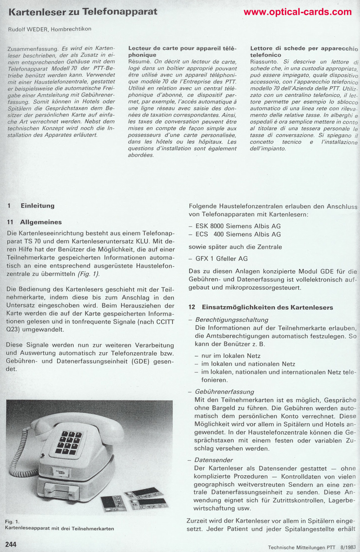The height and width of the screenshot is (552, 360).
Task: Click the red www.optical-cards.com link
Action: pyautogui.click(x=297, y=12)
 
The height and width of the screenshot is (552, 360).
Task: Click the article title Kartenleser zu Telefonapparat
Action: pyautogui.click(x=83, y=12)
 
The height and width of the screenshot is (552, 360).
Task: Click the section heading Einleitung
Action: pyautogui.click(x=37, y=206)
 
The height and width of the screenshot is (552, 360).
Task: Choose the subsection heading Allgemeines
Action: pyautogui.click(x=41, y=222)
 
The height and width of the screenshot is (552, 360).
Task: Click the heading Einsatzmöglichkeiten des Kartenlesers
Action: pyautogui.click(x=267, y=307)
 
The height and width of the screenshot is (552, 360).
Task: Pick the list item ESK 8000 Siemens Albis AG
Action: pyautogui.click(x=238, y=226)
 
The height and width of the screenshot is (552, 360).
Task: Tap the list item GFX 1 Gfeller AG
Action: pyautogui.click(x=221, y=258)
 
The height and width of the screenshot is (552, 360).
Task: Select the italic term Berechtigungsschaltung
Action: pyautogui.click(x=232, y=320)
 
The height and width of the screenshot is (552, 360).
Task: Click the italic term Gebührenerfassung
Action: pyautogui.click(x=224, y=392)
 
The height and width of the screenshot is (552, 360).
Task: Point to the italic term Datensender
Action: pyautogui.click(x=213, y=460)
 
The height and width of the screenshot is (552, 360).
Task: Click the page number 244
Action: pyautogui.click(x=11, y=544)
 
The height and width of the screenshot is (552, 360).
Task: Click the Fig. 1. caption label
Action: pyautogui.click(x=12, y=521)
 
